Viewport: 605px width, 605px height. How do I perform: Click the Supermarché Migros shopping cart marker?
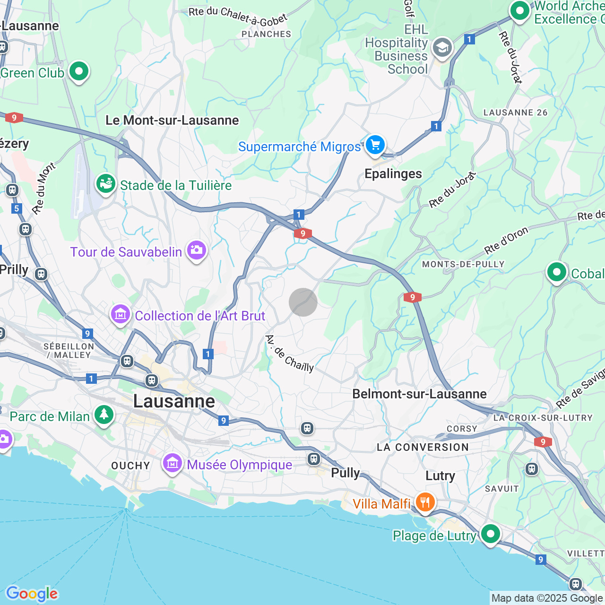point(375,145)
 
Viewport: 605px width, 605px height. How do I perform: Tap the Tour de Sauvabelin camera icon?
point(196,250)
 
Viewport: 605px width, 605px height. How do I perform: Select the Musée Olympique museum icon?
point(173,463)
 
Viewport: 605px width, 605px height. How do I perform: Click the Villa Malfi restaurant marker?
point(425,501)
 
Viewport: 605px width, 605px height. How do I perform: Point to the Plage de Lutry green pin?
point(490,534)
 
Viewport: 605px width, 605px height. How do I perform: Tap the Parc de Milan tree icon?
point(104,415)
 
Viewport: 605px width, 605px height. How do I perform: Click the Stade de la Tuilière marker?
point(106,183)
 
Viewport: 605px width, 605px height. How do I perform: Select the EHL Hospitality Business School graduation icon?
point(442,47)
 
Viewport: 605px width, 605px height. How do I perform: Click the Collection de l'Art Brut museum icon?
point(121,314)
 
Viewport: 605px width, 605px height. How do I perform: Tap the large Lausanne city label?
point(174,401)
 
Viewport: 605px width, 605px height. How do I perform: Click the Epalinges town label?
point(393,174)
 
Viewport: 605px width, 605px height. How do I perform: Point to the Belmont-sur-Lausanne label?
point(419,394)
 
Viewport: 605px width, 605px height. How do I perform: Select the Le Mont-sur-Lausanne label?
point(172,121)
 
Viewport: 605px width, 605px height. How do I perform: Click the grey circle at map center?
point(303,302)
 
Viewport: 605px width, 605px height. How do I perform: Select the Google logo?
point(32,594)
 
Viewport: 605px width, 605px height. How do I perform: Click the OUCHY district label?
point(130,466)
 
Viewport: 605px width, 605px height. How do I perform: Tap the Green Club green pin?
point(79,71)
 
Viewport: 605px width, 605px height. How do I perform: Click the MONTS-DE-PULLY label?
point(463,264)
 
